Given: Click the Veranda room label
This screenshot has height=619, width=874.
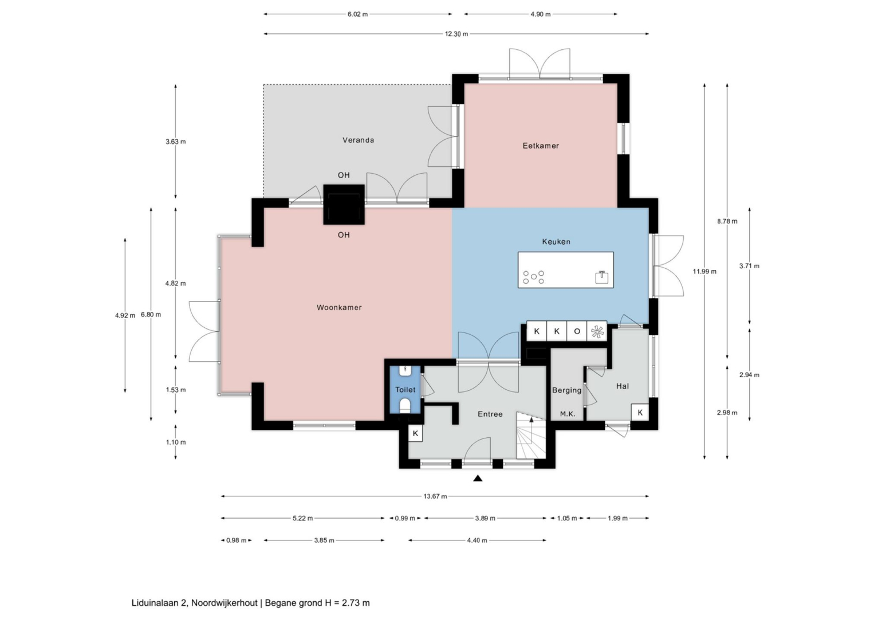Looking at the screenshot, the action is tap(358, 140).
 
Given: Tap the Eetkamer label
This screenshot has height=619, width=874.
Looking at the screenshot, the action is tap(541, 146).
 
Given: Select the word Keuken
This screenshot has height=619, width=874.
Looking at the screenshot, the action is tap(556, 242).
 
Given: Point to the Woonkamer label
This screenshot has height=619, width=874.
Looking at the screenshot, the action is tap(339, 308).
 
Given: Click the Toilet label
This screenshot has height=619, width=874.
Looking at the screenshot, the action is tap(405, 390).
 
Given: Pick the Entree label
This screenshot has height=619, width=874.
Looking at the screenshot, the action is tap(490, 414).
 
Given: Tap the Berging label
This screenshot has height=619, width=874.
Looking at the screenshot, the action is tap(566, 390).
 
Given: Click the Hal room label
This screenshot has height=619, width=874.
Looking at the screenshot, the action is tap(623, 386).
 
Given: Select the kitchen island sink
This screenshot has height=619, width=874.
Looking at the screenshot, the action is tap(601, 277).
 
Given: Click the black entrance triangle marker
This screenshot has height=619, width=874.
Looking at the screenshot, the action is tap(478, 479).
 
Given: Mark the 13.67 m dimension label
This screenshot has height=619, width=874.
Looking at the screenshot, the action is tap(435, 496).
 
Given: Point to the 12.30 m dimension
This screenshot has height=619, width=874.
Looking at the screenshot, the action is tap(456, 34).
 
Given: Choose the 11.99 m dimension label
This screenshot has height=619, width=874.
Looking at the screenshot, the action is tap(704, 272).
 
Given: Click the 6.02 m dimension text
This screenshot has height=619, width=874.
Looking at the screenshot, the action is tap(358, 14).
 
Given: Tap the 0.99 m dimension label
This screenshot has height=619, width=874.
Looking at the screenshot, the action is tap(404, 518).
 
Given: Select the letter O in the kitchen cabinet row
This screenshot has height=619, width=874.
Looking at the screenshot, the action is tap(577, 331).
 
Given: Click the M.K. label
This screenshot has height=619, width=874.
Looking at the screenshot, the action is tap(568, 414).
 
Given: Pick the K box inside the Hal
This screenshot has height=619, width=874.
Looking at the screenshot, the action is tap(640, 413).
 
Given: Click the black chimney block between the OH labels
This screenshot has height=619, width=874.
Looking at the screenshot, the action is tap(344, 205).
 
